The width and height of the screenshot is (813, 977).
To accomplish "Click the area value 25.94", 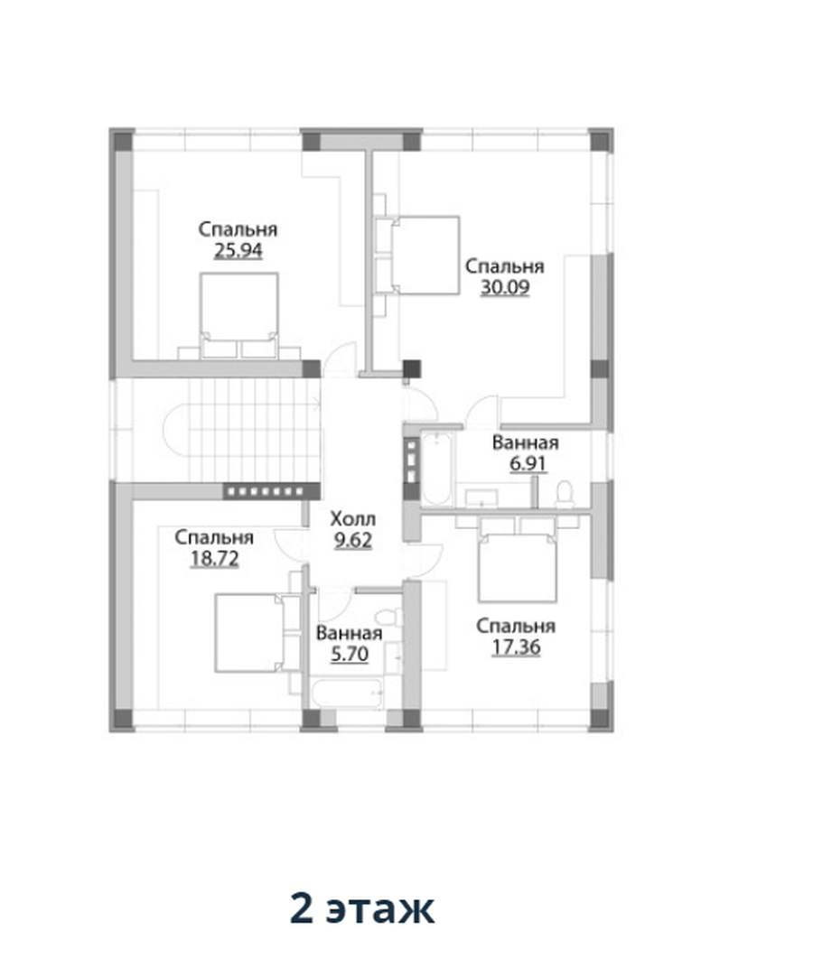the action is point(238,250).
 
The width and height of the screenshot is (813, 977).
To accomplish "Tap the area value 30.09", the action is point(505,287).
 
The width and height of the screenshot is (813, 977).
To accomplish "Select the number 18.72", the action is point(214,558).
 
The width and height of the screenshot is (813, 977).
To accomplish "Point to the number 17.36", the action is point(516,647).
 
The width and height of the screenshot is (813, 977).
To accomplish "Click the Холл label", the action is point(353,518).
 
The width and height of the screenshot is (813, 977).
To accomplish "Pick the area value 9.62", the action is point(353,540).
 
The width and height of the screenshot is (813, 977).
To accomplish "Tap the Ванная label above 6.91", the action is point(526,443).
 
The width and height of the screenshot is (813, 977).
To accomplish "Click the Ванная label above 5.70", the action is point(350,634).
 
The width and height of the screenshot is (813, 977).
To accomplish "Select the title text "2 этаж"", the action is point(362,909).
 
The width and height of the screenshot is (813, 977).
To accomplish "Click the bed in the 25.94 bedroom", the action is point(238,315).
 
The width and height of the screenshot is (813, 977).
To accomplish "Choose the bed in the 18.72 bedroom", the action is point(248,633).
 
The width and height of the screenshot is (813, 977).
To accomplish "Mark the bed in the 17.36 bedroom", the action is point(517,568).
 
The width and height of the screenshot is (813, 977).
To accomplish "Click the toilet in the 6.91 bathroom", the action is point(565,493).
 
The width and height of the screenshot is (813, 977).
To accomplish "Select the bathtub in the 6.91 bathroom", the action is point(435,468).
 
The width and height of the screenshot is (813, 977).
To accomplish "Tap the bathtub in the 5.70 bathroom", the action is point(347,693).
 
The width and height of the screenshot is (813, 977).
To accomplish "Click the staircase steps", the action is point(255,430).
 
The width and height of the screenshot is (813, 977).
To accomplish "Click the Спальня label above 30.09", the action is point(505,266).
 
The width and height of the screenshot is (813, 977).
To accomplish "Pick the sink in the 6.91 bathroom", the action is point(481,498).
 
